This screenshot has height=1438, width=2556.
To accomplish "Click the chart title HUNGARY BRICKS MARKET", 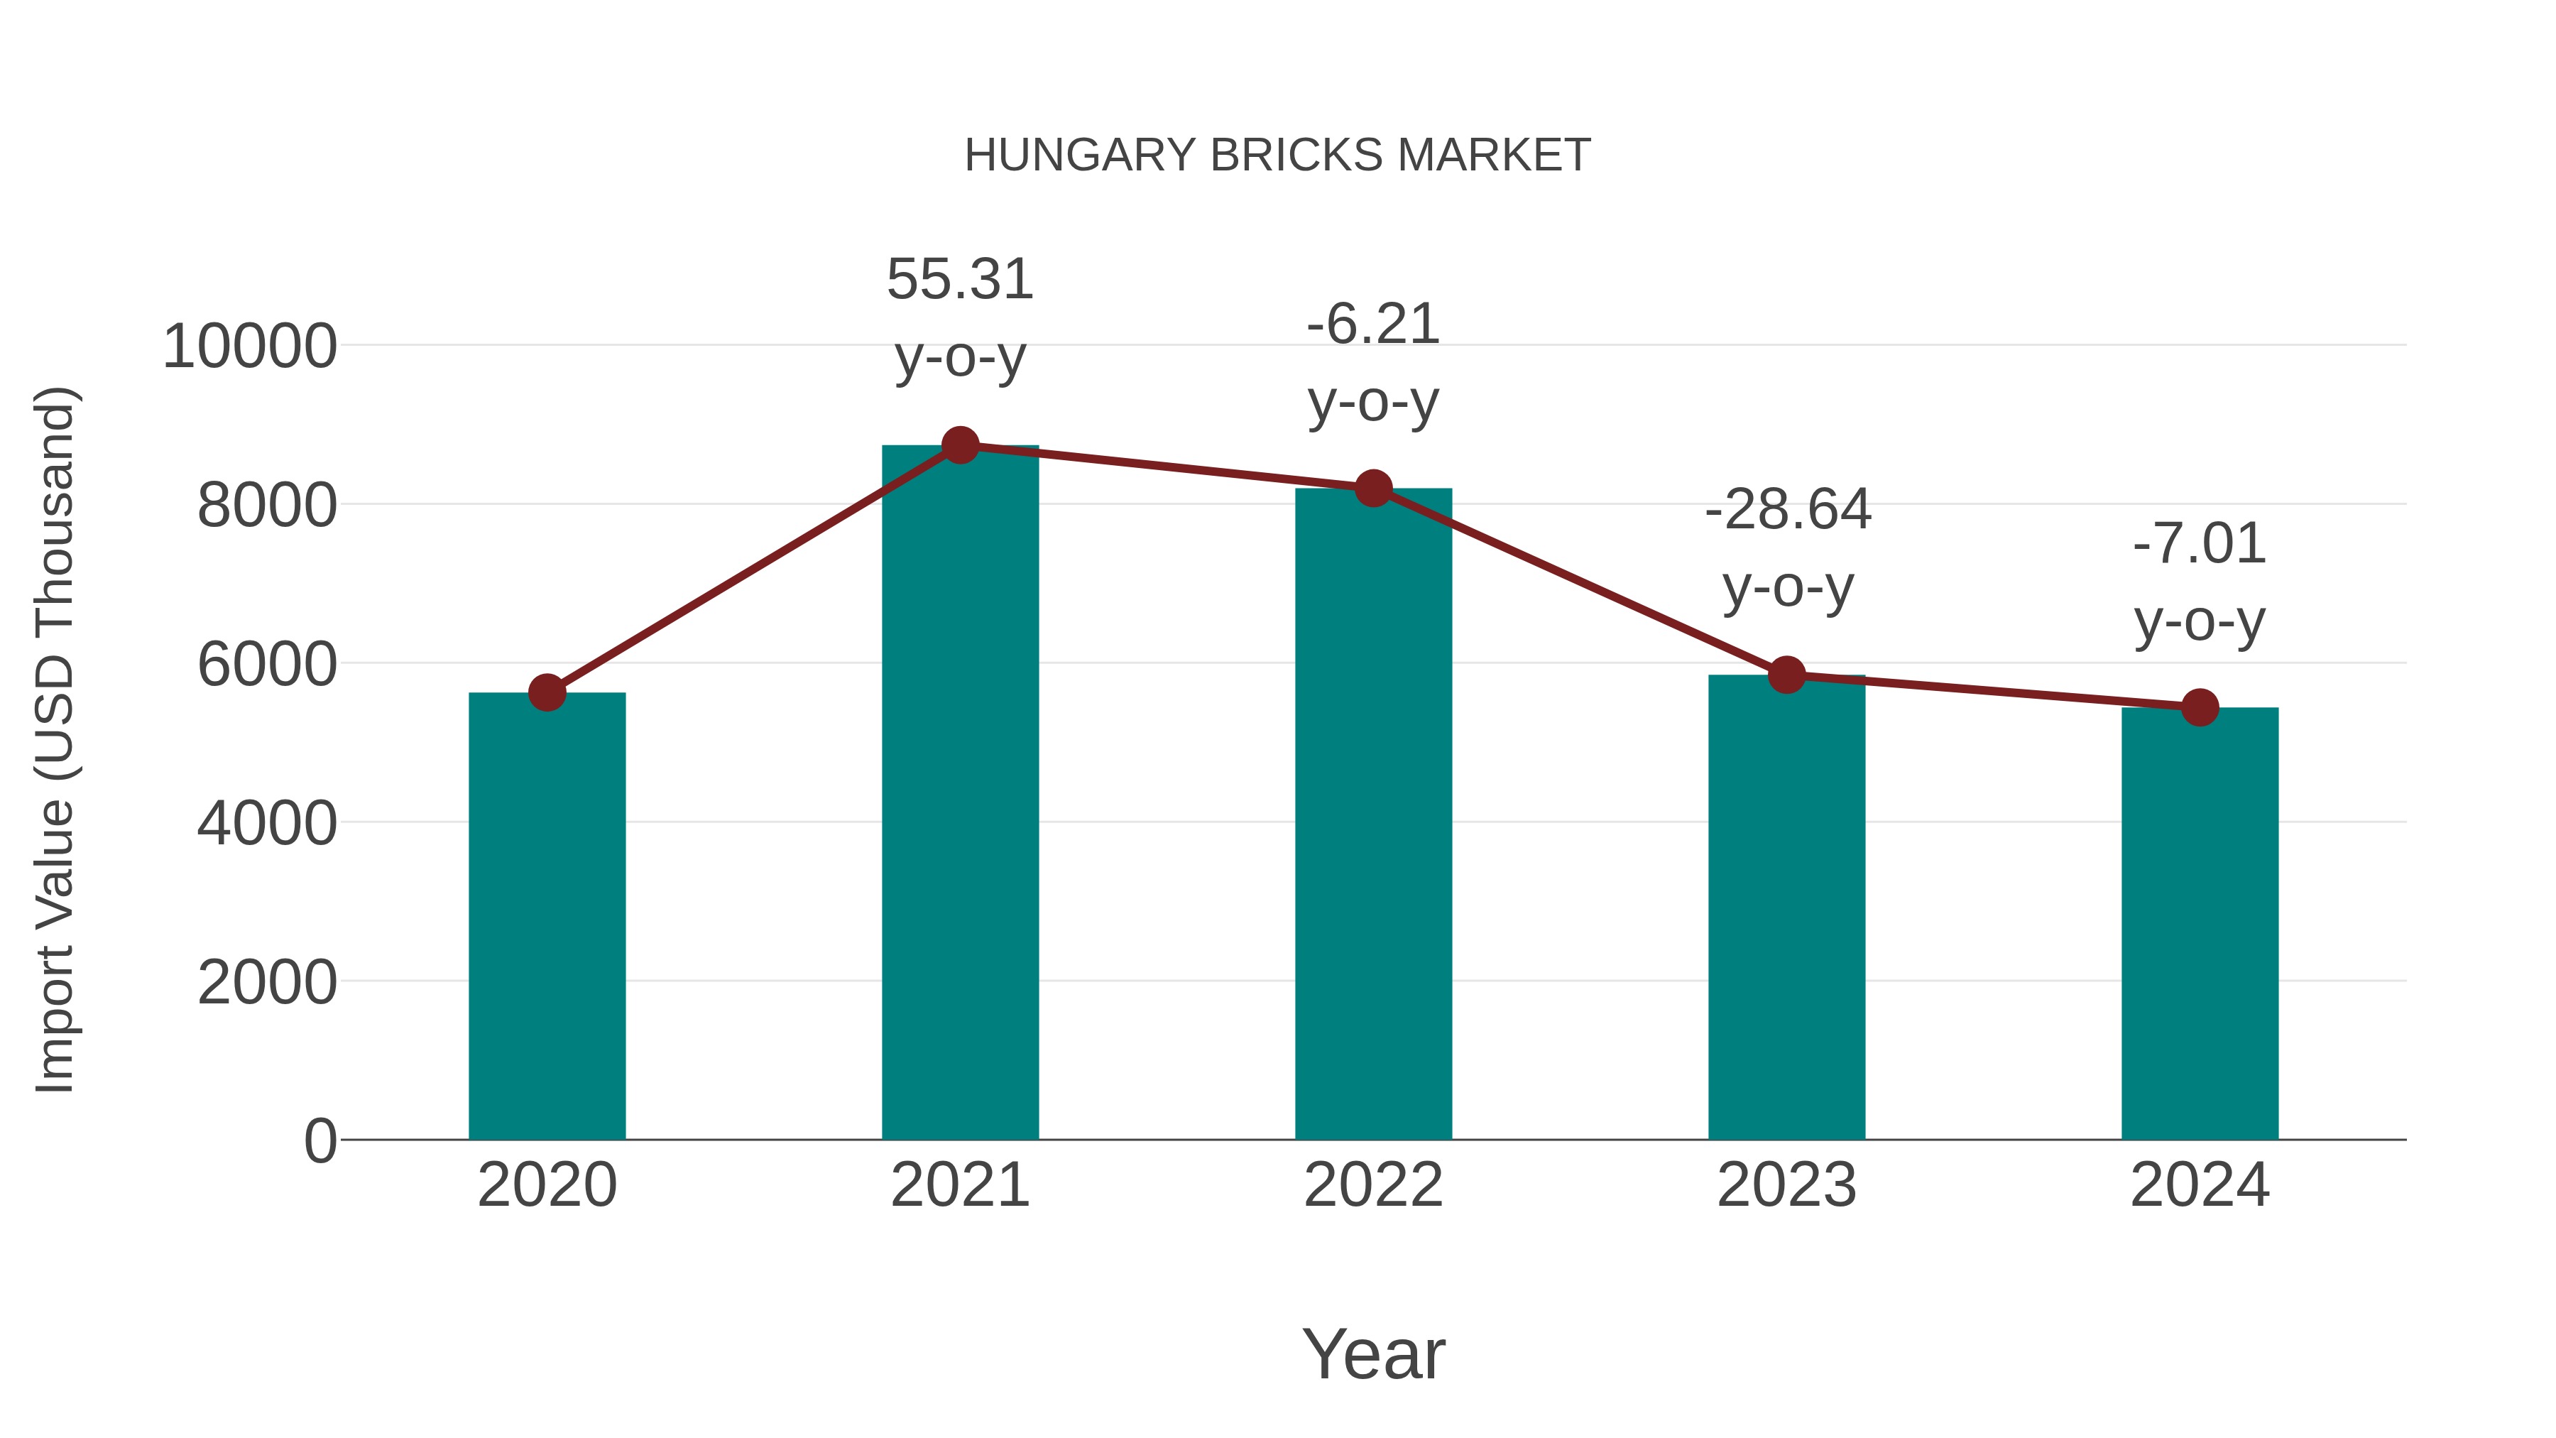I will pos(1277,156).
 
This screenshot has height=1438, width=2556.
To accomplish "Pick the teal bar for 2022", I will pos(1373,814).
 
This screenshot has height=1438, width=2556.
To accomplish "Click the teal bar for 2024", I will pos(2200,923).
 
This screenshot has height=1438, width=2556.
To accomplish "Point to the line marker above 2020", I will pos(547,692).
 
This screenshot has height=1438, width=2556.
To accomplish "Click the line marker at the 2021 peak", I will pos(959,445).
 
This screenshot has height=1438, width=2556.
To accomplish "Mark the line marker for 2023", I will pos(1786,675).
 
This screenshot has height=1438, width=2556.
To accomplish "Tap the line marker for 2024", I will pos(2200,707).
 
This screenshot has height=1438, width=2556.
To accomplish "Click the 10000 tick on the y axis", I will pos(250,347).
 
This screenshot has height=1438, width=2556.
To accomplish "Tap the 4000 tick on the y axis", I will pos(267,824).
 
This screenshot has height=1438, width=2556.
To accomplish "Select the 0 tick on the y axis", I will pos(319,1141).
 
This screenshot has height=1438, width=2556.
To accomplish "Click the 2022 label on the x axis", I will pos(1373,1185).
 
